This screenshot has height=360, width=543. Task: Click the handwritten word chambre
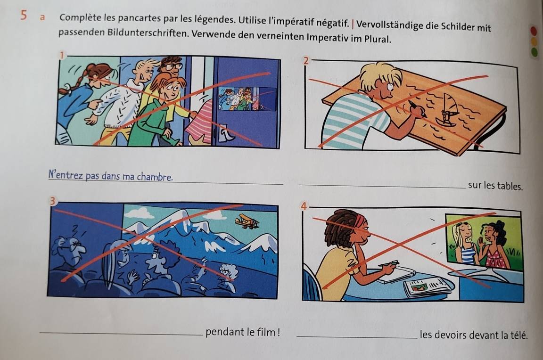pyautogui.click(x=155, y=177)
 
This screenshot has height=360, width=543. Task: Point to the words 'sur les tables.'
pyautogui.click(x=495, y=186)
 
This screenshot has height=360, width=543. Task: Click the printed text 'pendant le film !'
pyautogui.click(x=243, y=332)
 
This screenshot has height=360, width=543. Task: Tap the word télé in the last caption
pyautogui.click(x=519, y=335)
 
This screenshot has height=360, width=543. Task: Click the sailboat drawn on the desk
pyautogui.click(x=447, y=111)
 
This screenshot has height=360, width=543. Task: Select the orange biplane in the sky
pyautogui.click(x=247, y=221)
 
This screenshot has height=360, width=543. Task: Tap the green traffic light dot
pyautogui.click(x=535, y=52)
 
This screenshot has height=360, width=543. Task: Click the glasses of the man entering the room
pyautogui.click(x=173, y=66)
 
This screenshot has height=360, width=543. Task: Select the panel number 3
pyautogui.click(x=52, y=201)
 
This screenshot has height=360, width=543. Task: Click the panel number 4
pyautogui.click(x=304, y=206)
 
